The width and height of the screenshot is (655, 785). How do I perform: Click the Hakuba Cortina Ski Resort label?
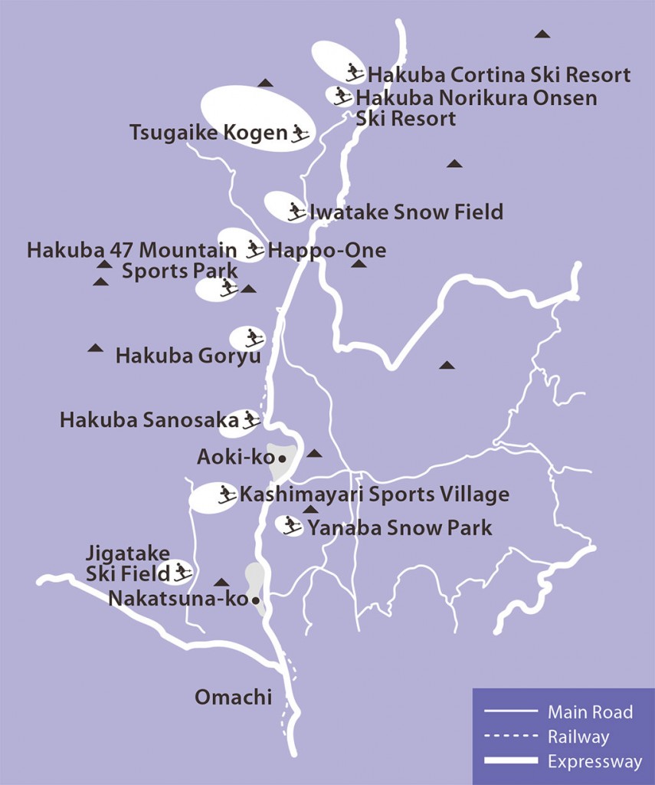tap(499, 75)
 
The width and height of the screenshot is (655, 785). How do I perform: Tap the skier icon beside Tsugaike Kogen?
tap(300, 133)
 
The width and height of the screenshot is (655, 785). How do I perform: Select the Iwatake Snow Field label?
tap(406, 212)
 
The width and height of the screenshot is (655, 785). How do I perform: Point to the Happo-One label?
tap(327, 250)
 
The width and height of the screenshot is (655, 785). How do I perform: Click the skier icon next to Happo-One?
tap(254, 248)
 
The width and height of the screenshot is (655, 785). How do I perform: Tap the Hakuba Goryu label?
tap(188, 356)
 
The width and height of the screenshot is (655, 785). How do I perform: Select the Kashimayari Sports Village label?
tap(374, 494)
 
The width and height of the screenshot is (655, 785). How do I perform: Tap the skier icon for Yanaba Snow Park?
tap(291, 525)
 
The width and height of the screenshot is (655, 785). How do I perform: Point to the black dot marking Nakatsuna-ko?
tap(255, 600)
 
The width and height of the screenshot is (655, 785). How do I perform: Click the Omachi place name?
tap(234, 698)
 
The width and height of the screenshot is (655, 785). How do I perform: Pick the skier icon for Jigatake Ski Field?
tap(182, 571)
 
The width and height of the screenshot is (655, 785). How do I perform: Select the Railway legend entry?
tap(578, 737)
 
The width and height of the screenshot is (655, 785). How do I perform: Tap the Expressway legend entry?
tap(594, 762)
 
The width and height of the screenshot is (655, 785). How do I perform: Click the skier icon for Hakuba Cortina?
tap(353, 72)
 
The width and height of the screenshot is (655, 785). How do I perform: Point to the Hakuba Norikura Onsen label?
tap(475, 107)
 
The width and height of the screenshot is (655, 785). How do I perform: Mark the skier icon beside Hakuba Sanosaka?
tap(250, 419)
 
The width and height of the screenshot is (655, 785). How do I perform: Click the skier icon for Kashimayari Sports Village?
tap(227, 494)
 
